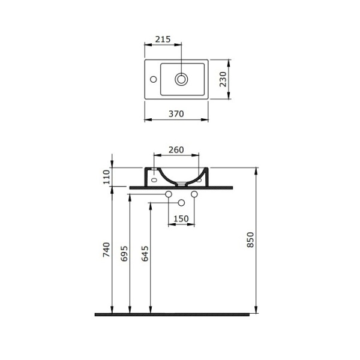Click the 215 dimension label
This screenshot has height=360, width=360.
[163, 39]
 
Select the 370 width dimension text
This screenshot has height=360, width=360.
[176, 114]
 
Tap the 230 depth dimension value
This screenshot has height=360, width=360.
[223, 79]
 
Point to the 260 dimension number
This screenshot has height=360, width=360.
[176, 150]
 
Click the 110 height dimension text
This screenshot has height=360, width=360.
[107, 177]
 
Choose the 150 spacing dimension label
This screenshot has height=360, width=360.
[181, 219]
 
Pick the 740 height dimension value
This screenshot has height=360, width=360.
[107, 250]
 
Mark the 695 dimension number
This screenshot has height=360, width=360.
[124, 254]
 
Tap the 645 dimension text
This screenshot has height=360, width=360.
[145, 254]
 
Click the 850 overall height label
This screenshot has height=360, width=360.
[250, 240]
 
